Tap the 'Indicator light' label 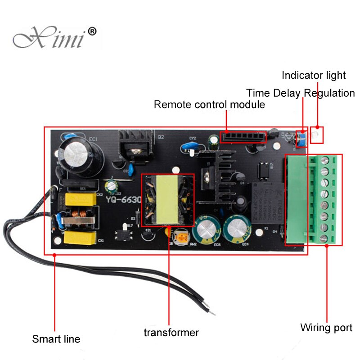(314, 75)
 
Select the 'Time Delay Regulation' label (301, 93)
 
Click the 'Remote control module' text (209, 105)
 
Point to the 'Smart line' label (56, 339)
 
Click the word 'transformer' (171, 333)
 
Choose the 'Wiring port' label (326, 328)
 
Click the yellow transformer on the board (167, 200)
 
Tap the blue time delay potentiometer (303, 139)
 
